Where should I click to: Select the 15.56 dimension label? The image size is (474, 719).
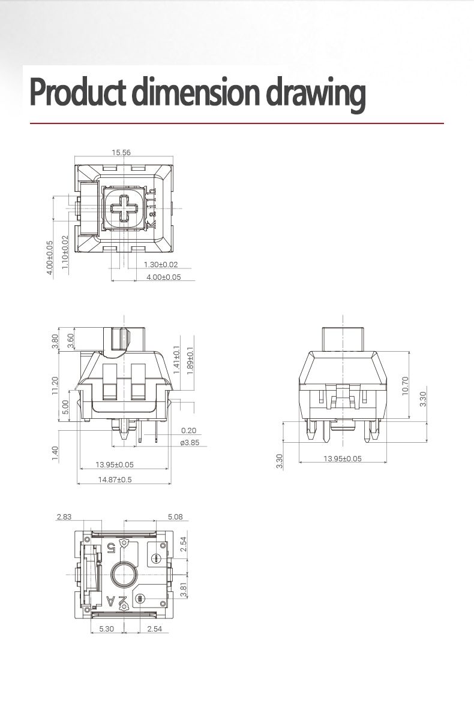tap(121, 152)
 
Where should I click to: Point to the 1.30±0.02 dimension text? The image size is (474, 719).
tap(161, 264)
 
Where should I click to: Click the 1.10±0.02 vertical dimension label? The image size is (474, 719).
tap(65, 252)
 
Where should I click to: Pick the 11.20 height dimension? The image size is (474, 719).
tap(55, 385)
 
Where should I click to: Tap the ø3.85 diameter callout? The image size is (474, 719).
tap(189, 443)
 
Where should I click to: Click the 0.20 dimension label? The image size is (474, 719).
tap(188, 430)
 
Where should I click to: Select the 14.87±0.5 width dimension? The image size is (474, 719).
tap(115, 479)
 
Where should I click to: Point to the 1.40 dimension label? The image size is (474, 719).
tap(55, 454)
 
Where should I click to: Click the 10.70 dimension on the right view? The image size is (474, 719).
tap(405, 385)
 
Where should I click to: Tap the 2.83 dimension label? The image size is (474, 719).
tap(64, 516)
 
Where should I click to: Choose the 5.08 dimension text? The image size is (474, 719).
tap(175, 516)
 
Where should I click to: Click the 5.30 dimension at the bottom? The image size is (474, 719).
tap(106, 629)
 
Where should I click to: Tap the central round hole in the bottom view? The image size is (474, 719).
tap(124, 575)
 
